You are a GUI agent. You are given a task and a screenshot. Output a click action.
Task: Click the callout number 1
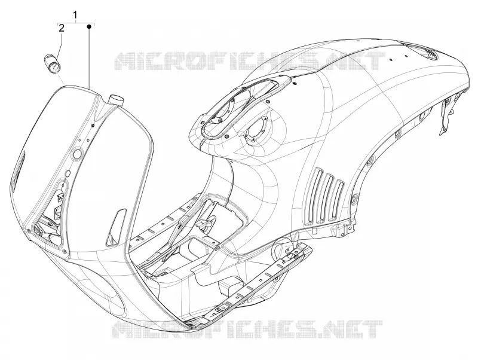tap(75, 14)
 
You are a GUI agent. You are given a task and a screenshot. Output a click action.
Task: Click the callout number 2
tap(62, 28)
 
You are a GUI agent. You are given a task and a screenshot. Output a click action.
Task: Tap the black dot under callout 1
tap(89, 27)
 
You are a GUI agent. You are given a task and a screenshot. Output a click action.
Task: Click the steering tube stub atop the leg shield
tap(116, 100)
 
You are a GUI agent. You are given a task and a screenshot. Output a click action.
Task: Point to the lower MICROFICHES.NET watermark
tap(247, 330)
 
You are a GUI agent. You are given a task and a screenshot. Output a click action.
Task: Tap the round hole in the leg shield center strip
tap(78, 154)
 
